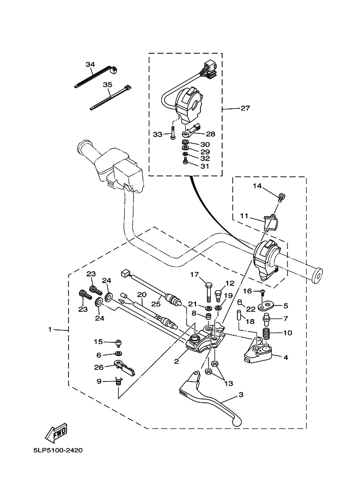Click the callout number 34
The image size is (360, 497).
coord(90,64)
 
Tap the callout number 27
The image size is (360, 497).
coord(245,108)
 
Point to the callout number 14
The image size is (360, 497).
coord(258,186)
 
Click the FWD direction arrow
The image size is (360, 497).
coord(56,433)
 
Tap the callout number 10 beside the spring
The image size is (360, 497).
coord(287,333)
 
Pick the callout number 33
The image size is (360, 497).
coord(158,134)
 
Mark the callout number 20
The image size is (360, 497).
coord(141,295)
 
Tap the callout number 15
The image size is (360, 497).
coord(98,342)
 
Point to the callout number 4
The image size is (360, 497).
coord(285,357)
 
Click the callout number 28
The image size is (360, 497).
coord(210,133)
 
